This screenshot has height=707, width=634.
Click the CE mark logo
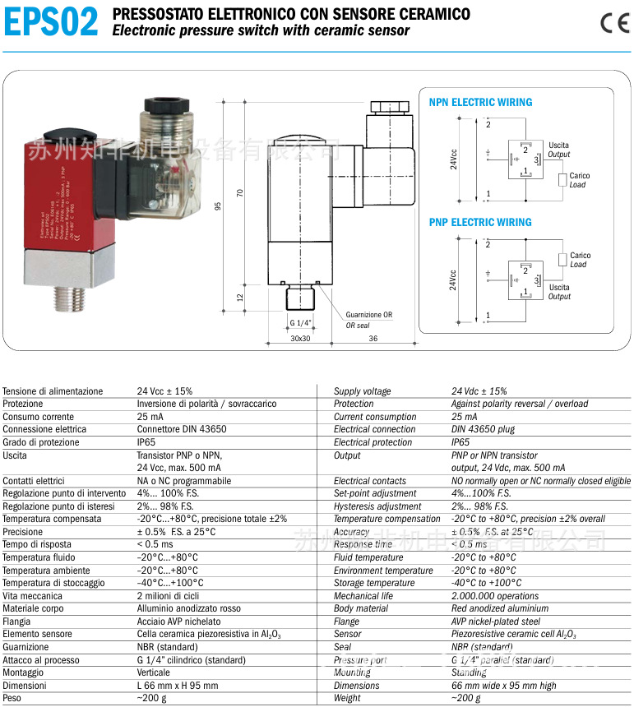613,23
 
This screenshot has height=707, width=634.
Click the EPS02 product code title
51,22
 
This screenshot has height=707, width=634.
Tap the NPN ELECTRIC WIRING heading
480,103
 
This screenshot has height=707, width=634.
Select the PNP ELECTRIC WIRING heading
480,222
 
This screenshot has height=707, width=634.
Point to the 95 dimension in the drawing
219,206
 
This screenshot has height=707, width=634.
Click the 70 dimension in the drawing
240,192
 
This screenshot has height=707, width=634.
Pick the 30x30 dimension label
299,338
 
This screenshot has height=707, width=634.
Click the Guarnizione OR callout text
368,315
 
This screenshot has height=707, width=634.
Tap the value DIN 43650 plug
483,429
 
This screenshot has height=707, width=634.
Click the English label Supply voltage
362,391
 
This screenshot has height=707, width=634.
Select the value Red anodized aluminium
499,608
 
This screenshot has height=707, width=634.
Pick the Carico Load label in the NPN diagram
579,180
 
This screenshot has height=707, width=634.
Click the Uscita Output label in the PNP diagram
559,292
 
